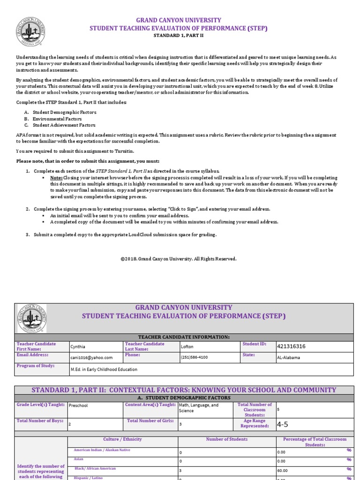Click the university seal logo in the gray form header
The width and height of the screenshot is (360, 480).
point(31,318)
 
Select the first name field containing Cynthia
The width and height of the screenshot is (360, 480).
point(78,347)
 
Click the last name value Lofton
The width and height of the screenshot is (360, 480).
point(187,347)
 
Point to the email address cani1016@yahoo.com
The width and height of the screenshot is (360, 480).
point(91,357)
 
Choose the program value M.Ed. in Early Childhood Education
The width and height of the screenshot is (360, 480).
point(104,369)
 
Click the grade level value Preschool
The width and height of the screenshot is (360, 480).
point(78,406)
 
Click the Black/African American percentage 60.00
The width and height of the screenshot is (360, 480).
point(281,470)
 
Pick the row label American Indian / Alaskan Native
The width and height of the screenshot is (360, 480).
point(102,450)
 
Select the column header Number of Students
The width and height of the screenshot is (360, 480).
point(227,439)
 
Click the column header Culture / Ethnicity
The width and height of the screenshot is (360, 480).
point(122,439)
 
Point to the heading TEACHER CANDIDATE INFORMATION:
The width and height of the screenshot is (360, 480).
point(184,337)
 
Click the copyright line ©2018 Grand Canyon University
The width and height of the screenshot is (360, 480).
point(178,259)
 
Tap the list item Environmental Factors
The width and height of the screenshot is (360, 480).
point(64,119)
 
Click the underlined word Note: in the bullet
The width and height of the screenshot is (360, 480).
point(56,178)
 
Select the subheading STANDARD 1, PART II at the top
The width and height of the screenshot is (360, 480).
point(178,36)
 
